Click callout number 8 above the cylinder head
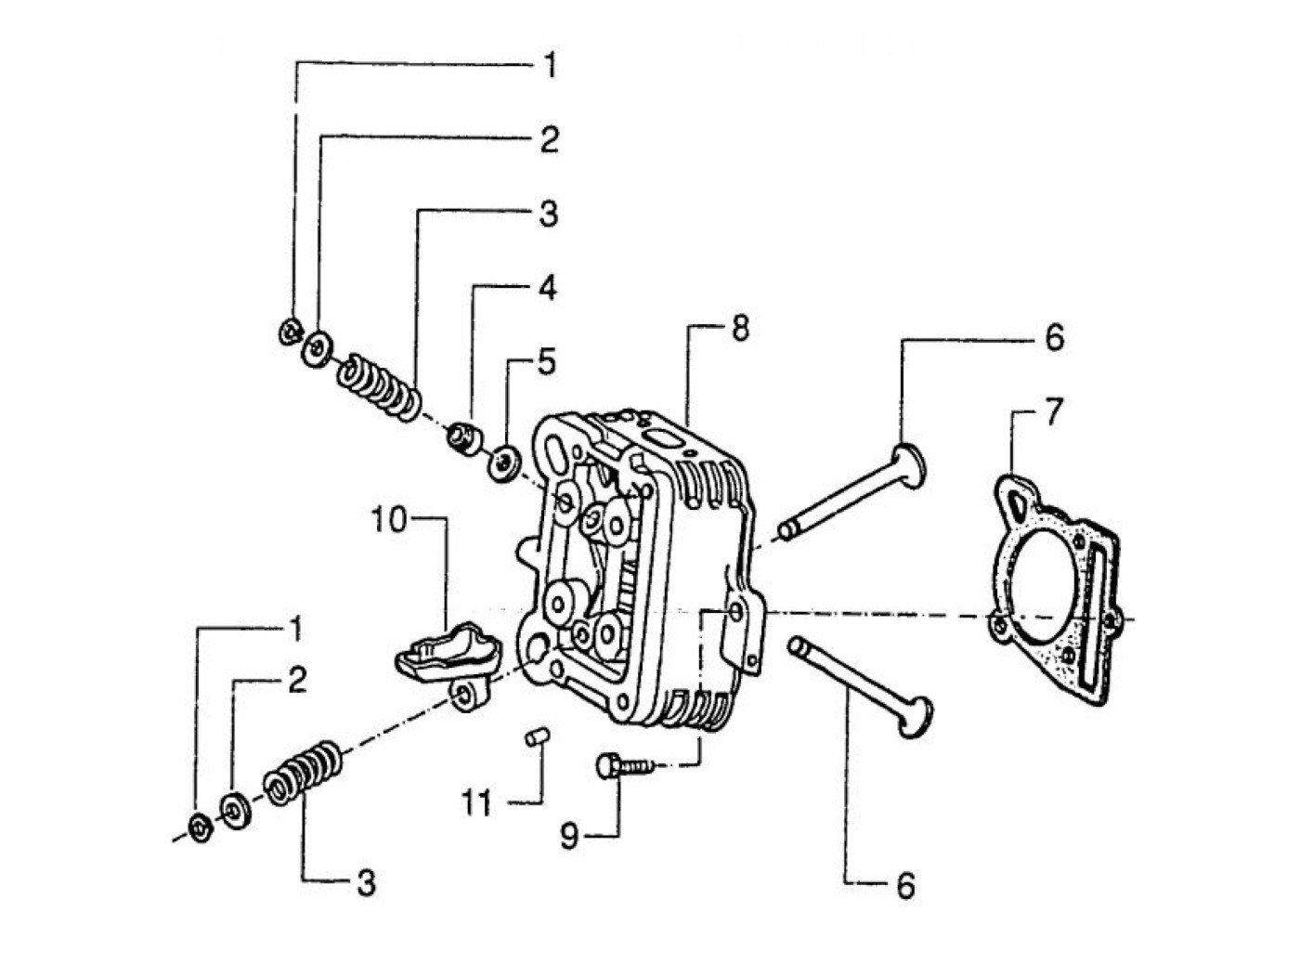coord(740,328)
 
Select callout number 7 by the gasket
coord(1054,412)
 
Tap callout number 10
coord(388,520)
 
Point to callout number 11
coord(476,803)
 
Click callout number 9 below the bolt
coord(569,837)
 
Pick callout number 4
coord(547,288)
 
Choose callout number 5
coord(546,362)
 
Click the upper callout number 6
coord(1054,337)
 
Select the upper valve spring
coord(379,388)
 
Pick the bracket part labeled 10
coord(448,658)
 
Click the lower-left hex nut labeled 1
coord(201,827)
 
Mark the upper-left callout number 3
coord(549,215)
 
